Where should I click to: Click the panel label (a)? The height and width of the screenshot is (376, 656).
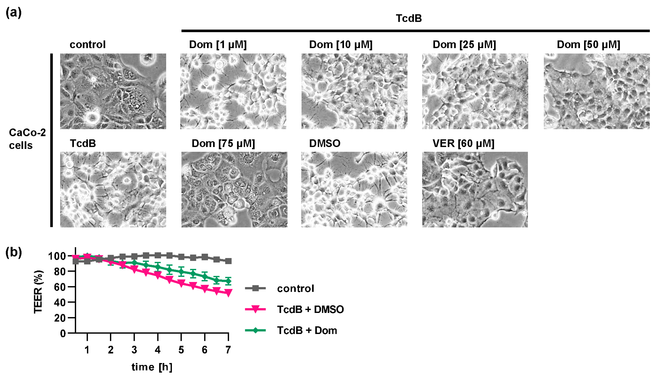point(13,12)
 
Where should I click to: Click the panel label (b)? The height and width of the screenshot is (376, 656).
point(13,252)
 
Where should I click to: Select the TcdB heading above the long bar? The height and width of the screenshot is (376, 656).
point(409,18)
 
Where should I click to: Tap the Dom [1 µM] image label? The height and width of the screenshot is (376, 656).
point(218,45)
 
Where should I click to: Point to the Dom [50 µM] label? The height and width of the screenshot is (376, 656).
point(588,45)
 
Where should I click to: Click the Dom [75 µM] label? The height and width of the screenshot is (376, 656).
point(223,144)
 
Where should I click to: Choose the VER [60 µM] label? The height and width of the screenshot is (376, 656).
point(463,144)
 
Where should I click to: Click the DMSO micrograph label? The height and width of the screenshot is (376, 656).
point(325,144)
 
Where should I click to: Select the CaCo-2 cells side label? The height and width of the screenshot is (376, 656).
point(27,139)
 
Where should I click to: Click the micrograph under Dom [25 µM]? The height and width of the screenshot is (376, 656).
point(475,91)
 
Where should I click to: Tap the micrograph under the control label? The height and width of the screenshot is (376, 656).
point(113,91)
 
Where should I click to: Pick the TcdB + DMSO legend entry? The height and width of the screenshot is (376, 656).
point(310,309)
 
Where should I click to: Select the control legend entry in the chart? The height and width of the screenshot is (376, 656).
point(295,288)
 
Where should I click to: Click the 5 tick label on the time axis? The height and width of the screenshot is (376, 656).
point(181,350)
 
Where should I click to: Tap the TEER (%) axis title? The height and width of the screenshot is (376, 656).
point(38,292)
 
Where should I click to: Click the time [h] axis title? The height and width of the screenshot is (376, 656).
point(152,367)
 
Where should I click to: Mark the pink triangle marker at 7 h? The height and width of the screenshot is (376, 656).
point(228,293)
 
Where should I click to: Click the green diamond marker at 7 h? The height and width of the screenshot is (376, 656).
point(228,281)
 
